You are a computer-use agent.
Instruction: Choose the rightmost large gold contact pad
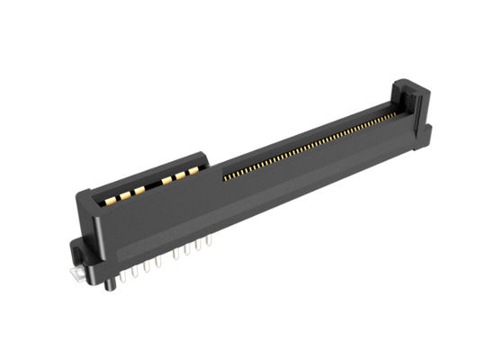pyautogui.click(x=193, y=169)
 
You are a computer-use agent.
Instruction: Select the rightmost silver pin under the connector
pyautogui.click(x=210, y=241)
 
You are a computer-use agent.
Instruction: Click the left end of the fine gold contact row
pyautogui.click(x=225, y=175)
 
